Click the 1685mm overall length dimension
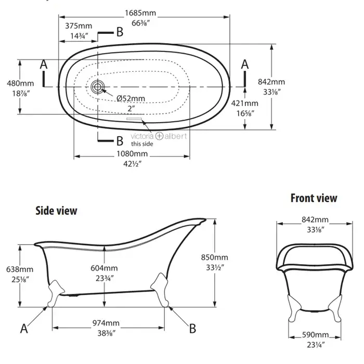[140, 13]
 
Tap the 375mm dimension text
[79, 26]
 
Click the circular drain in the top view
[97, 87]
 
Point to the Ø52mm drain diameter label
[131, 98]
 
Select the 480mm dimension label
[20, 83]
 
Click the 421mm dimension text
[245, 103]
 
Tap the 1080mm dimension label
[132, 154]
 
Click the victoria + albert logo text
[159, 136]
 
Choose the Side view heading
[56, 211]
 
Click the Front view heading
[314, 198]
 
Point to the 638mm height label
[20, 269]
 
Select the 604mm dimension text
[104, 268]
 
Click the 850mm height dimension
[214, 257]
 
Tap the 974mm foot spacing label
[106, 323]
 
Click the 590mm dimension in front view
[315, 335]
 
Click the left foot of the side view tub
[55, 293]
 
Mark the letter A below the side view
[24, 329]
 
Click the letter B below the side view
[192, 329]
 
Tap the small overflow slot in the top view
[134, 119]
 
